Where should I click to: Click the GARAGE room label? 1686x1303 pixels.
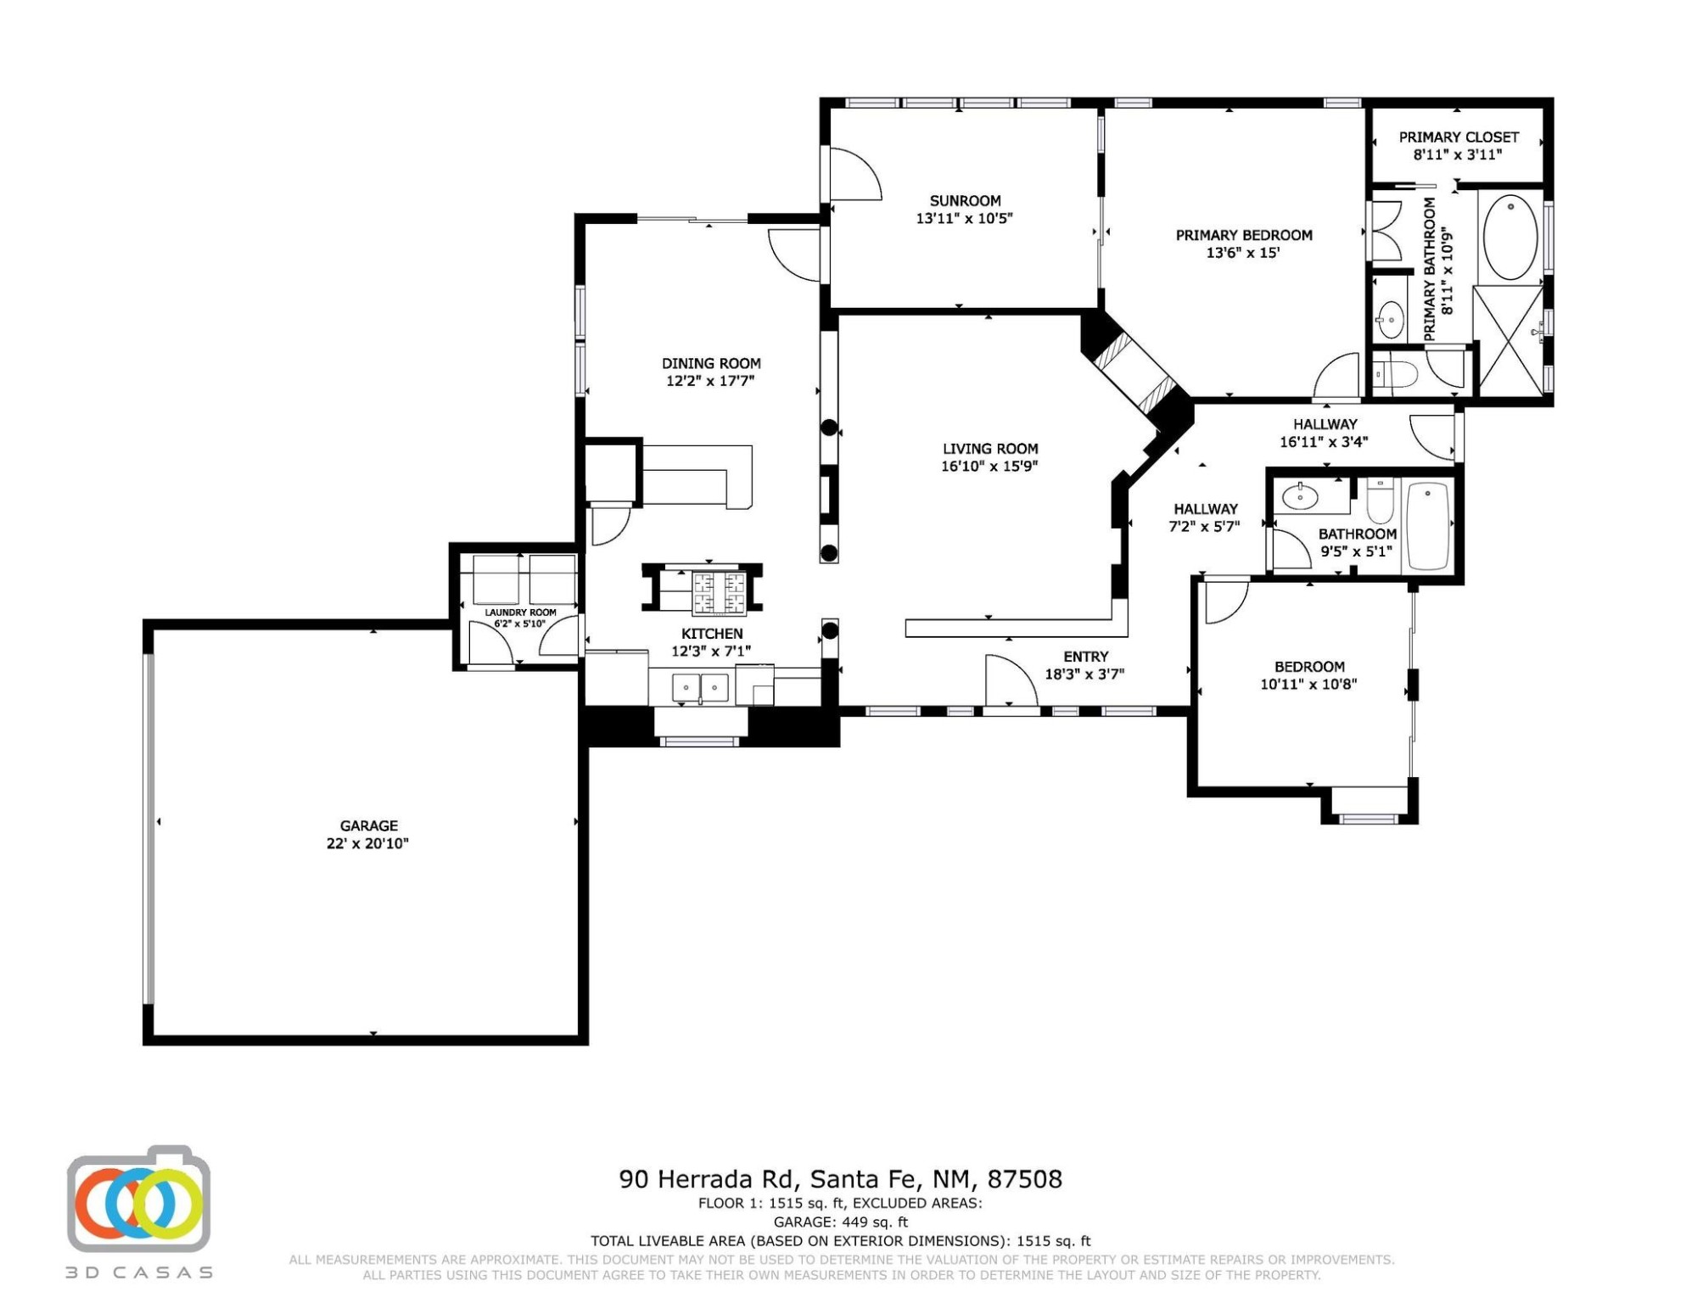(368, 825)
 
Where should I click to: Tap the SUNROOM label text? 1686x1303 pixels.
(965, 201)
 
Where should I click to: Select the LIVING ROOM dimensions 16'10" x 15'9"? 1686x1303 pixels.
(989, 466)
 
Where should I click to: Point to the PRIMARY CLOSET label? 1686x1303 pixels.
(1459, 137)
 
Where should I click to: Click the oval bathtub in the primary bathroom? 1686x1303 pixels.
(1510, 238)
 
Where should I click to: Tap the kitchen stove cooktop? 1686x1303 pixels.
(720, 592)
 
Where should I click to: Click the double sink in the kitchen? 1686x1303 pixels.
(701, 688)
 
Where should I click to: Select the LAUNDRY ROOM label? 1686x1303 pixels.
(520, 612)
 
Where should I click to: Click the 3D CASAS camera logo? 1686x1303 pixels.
(139, 1200)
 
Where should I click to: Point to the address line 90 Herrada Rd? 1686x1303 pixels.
(840, 1179)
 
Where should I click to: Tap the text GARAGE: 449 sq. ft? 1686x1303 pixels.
(840, 1222)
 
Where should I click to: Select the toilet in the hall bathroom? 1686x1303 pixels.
(1380, 501)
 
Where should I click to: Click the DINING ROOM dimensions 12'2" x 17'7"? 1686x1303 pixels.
(710, 381)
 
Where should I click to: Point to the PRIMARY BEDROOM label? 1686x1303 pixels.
(1244, 236)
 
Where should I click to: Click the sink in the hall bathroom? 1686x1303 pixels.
(1299, 496)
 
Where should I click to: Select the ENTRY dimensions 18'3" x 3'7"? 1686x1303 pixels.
(1084, 675)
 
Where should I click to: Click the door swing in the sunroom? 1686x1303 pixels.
(855, 174)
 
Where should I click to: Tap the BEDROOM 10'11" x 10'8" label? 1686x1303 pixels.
(1308, 675)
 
